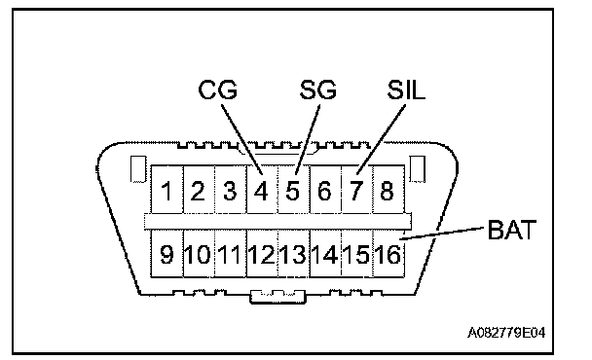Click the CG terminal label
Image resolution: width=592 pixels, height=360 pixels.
pos(218,90)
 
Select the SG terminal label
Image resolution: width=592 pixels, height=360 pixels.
pos(317,90)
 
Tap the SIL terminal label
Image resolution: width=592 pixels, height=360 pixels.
pos(406,90)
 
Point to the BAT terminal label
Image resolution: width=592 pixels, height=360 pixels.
pos(512,230)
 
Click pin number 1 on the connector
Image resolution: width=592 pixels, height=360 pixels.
pos(166,191)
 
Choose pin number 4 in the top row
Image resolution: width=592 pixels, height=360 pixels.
pos(261,191)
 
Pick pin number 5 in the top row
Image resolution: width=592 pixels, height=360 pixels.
pos(293,191)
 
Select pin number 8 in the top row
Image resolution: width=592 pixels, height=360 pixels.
pos(387,191)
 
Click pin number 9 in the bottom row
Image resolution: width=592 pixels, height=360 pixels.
pos(166,254)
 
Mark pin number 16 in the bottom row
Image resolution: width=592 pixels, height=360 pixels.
pos(388,254)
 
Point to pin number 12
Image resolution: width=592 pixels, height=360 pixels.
pos(261,254)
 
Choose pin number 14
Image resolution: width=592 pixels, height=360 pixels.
pos(324,254)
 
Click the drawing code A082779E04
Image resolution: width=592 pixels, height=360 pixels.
pos(506,333)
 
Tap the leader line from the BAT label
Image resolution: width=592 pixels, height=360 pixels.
pos(441,234)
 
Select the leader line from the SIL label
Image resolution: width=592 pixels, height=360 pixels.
pos(381,139)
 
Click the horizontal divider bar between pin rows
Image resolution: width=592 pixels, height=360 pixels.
pos(277,221)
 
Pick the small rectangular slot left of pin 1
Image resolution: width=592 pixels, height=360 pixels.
pos(138,169)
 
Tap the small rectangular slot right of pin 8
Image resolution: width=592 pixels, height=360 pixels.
pos(418,169)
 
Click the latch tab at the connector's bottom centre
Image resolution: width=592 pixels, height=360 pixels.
pos(277,297)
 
